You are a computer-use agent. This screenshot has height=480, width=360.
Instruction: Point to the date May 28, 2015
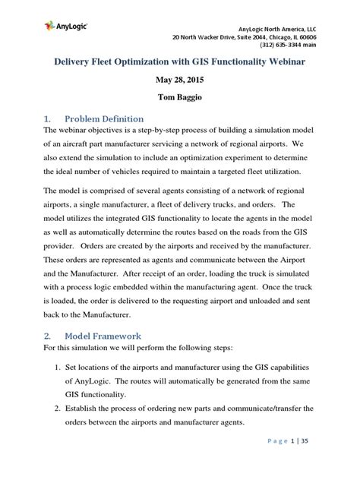179,78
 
